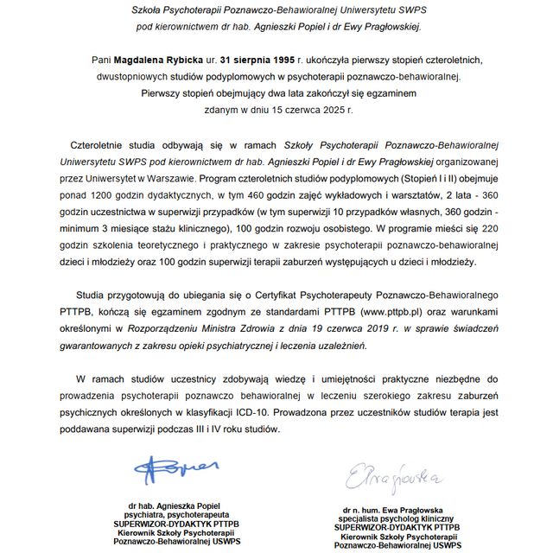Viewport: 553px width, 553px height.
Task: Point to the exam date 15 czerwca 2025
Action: tap(304, 110)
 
